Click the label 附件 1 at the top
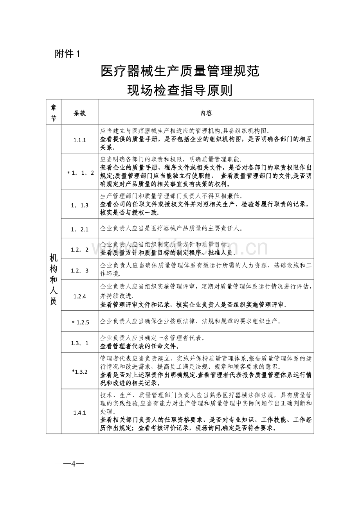[67, 54]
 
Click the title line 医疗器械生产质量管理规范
[180, 71]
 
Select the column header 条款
[79, 113]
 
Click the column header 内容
[206, 113]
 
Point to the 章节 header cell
[54, 113]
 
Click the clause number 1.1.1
[79, 139]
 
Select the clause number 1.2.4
[79, 296]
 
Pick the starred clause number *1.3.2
[79, 372]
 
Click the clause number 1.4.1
[79, 412]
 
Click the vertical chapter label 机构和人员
[54, 279]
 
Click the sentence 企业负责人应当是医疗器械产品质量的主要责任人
[171, 229]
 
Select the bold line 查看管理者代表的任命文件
[140, 346]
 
